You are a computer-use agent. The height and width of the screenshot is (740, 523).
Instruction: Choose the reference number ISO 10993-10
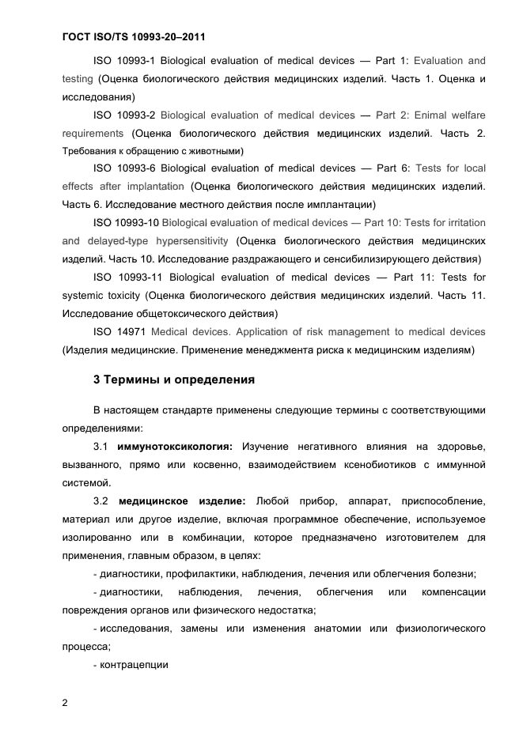pos(127,222)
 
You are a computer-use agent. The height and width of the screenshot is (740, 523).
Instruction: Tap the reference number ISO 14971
pos(119,331)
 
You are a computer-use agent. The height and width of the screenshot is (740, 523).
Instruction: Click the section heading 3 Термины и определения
pos(174,379)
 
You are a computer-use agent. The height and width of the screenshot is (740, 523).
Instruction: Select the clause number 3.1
pos(101,447)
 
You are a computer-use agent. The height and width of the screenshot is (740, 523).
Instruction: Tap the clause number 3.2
pos(101,501)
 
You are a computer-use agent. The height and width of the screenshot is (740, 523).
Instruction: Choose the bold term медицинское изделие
pos(182,501)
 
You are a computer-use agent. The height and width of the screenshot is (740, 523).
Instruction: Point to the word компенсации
pos(453,592)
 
